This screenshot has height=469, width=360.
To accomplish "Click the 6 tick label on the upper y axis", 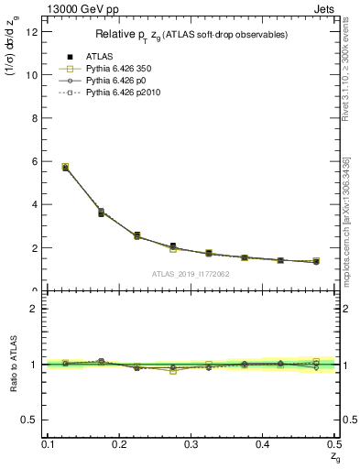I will tap(36, 161).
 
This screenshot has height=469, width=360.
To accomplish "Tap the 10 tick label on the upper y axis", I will tap(33, 75).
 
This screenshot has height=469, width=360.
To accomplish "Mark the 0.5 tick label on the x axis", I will tap(334, 444).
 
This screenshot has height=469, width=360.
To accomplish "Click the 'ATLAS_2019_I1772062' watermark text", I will tap(191, 274).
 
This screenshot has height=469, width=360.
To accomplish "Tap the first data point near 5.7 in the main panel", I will tap(65, 167).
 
